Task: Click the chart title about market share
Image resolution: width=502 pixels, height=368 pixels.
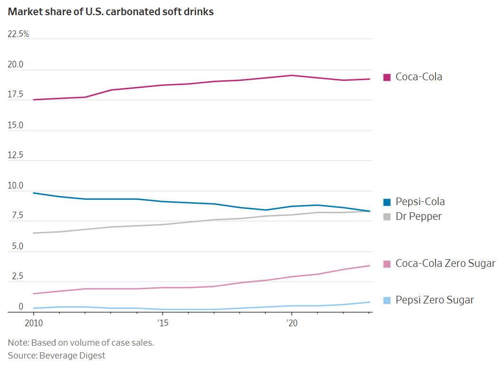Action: click(x=111, y=12)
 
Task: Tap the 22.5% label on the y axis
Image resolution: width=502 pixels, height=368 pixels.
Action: click(x=18, y=34)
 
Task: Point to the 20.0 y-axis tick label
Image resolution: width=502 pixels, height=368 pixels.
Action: click(x=15, y=65)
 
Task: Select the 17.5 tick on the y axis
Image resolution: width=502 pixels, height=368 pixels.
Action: click(x=15, y=94)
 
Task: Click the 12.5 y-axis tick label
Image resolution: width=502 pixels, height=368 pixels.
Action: click(x=15, y=155)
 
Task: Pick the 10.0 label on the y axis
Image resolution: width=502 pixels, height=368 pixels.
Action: click(x=15, y=186)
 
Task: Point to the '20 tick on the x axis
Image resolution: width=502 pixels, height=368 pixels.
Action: click(x=291, y=323)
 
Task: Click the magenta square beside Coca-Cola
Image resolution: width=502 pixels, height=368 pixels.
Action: click(x=387, y=77)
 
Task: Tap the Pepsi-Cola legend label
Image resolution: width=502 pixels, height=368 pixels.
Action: click(x=420, y=202)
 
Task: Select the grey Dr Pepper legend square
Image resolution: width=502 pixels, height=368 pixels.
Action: click(x=387, y=217)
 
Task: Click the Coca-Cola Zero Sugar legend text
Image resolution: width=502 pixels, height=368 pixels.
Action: click(x=445, y=264)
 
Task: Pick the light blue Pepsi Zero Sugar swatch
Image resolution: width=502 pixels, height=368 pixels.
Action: click(x=387, y=301)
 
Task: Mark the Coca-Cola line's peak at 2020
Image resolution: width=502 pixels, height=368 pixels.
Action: click(x=291, y=75)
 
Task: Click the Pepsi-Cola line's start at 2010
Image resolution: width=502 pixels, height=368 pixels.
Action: click(x=33, y=193)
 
